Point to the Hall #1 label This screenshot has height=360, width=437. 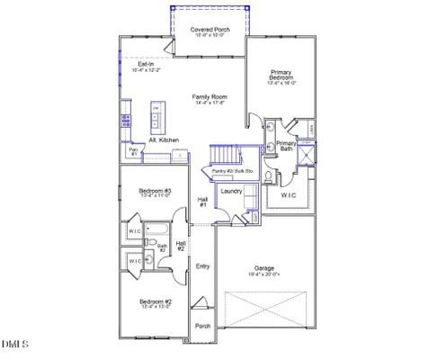point(203,202)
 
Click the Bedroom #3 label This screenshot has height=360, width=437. point(155,192)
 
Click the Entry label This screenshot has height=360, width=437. point(203,266)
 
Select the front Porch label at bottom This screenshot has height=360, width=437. point(203,326)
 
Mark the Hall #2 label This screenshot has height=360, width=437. point(181,246)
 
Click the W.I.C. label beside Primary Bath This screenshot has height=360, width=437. point(289,194)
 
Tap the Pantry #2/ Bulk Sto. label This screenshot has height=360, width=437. point(232,170)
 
